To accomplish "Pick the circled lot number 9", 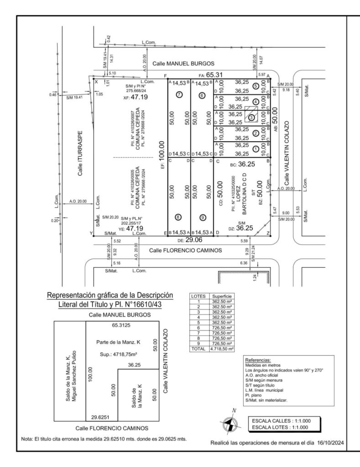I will (x=202, y=217).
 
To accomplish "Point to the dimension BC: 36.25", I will (x=242, y=164).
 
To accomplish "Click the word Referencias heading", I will (x=258, y=360).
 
